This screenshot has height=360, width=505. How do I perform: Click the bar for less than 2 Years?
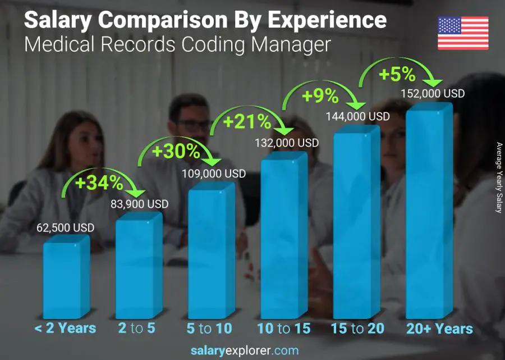tap(66, 278)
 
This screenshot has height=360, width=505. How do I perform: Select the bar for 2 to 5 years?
tap(139, 267)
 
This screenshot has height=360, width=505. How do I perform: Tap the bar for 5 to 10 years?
tap(211, 253)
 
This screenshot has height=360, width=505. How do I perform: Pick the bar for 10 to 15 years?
tap(284, 236)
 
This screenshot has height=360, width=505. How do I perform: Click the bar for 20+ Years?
tap(429, 213)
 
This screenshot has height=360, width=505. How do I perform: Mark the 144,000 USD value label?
tap(358, 117)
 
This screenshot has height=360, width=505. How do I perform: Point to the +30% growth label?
tap(176, 151)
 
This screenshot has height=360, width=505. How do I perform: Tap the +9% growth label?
tap(320, 96)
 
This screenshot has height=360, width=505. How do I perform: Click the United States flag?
tap(463, 33)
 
